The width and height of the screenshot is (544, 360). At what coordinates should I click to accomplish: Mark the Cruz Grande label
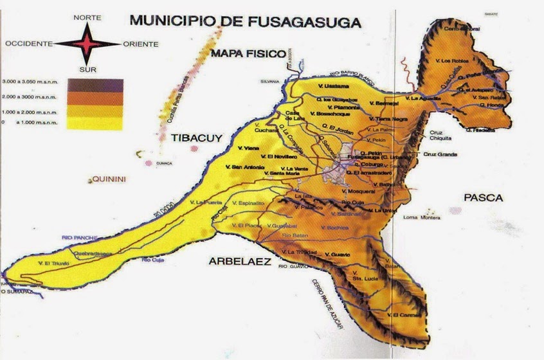coord(440,154)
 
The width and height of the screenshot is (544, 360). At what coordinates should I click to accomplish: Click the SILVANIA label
coord(269,82)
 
